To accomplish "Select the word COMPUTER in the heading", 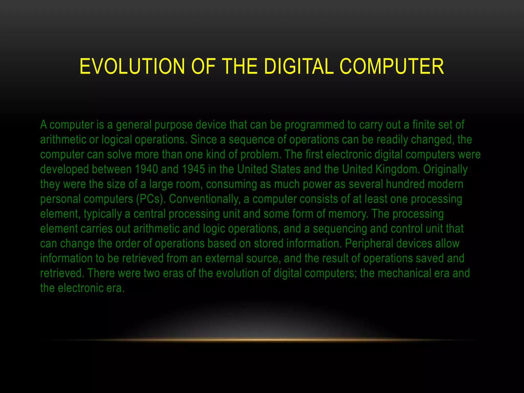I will click(392, 67).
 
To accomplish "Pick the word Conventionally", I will click(205, 199).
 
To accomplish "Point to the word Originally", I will click(445, 169).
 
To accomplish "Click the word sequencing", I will click(340, 229).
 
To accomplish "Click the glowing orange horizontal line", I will click(262, 340).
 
